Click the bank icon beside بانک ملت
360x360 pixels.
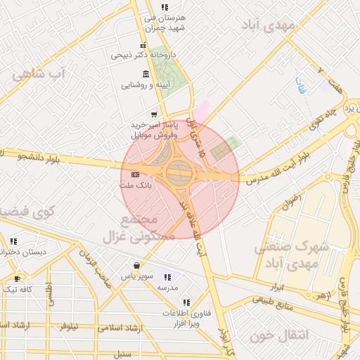[135, 174]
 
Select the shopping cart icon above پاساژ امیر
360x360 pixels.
[154, 114]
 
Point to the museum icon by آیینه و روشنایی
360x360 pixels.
[146, 75]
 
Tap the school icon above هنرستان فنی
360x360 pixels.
[165, 7]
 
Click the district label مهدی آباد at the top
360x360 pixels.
[267, 26]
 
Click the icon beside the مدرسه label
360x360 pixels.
[167, 277]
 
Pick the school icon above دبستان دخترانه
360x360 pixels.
[13, 241]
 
